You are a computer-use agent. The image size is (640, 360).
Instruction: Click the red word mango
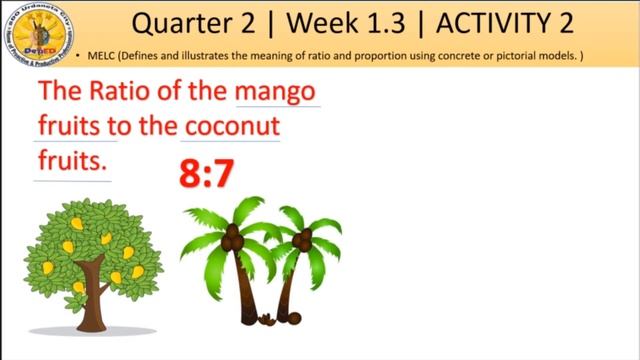[277, 93]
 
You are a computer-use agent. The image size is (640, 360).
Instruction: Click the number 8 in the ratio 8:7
[190, 174]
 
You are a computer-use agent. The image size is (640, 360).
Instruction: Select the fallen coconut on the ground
[294, 319]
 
